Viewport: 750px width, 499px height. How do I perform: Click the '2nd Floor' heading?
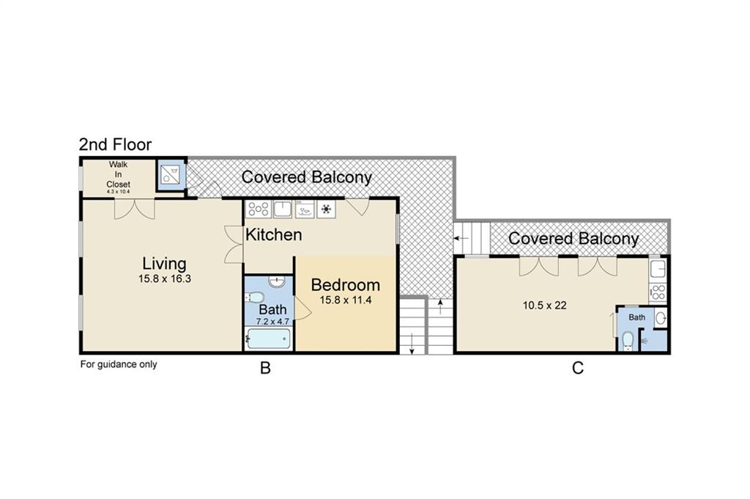pos(115,144)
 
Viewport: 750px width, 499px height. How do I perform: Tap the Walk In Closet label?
pos(118,174)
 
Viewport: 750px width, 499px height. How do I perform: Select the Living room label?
pos(165,264)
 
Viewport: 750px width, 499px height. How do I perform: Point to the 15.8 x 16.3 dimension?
pos(165,278)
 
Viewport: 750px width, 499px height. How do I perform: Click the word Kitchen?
pos(274,234)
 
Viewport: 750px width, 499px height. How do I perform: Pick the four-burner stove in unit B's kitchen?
pos(259,209)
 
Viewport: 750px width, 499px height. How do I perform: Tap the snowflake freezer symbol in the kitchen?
pos(326,209)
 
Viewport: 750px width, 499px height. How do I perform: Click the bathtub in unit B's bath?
pos(269,339)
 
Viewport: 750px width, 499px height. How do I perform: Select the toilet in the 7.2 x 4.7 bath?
pos(253,297)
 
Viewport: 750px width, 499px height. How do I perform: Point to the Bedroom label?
pos(346,285)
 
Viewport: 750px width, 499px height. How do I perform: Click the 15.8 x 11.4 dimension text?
pos(346,300)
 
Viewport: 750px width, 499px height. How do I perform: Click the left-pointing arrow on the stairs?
pos(461,238)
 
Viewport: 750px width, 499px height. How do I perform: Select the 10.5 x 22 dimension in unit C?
pos(545,306)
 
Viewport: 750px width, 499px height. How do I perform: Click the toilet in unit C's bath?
pos(628,341)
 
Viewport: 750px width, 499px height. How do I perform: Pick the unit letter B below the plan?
pos(265,369)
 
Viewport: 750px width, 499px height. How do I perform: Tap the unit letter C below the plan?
pos(578,369)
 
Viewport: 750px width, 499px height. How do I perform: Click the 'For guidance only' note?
pos(119,365)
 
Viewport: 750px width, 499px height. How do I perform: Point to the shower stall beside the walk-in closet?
pos(171,174)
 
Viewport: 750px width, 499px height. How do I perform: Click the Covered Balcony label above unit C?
pos(573,239)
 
